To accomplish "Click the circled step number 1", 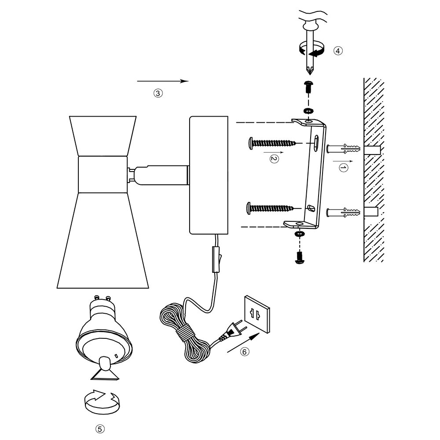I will [x=344, y=168].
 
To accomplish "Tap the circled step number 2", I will [x=274, y=159].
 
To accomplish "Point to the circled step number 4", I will [x=337, y=51].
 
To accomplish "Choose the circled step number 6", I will [x=244, y=352].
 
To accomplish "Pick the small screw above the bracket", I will [x=308, y=87].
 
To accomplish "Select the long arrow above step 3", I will [x=163, y=81].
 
